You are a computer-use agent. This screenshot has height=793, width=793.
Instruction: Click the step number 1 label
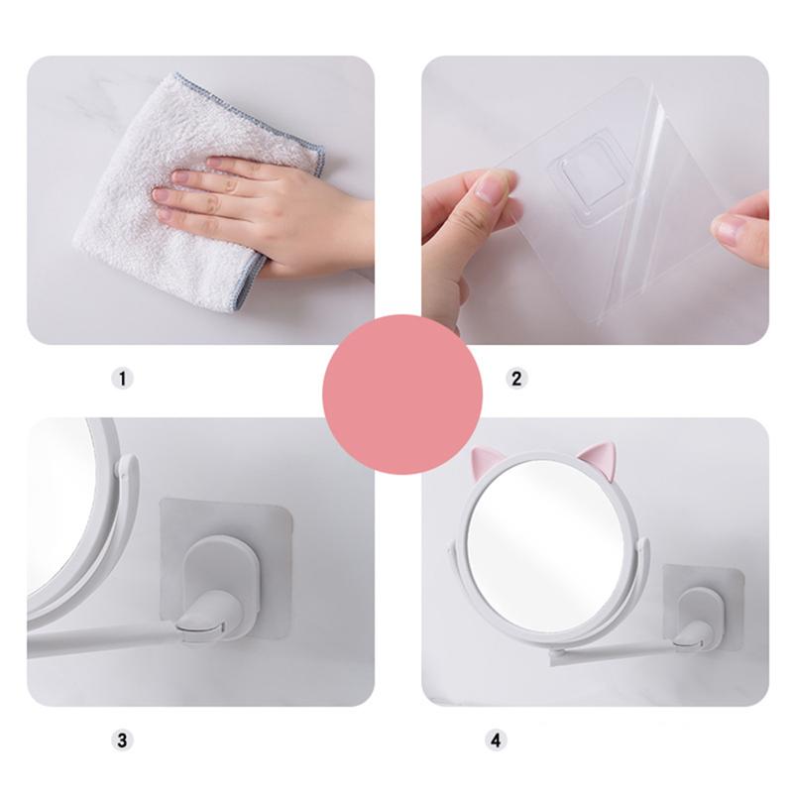tap(121, 378)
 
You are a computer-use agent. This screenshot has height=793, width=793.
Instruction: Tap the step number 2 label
tap(515, 378)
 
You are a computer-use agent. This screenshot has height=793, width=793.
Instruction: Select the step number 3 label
tap(121, 739)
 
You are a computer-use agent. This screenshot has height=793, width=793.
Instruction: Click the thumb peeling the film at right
tap(739, 228)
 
